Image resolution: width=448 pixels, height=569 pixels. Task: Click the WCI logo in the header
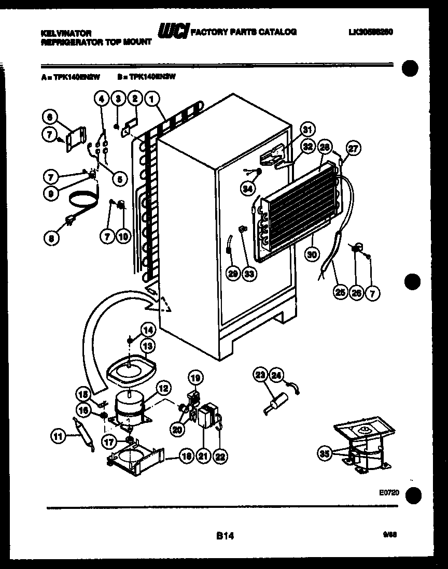point(174,32)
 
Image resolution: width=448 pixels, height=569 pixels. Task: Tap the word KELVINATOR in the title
point(66,33)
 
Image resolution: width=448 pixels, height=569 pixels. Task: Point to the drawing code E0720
point(389,493)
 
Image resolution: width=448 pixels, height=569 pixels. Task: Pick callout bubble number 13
point(148,346)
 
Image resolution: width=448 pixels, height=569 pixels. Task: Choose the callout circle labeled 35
point(325,454)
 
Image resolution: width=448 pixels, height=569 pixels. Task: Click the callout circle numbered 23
point(261,375)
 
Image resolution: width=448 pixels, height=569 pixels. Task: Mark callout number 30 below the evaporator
point(312,254)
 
